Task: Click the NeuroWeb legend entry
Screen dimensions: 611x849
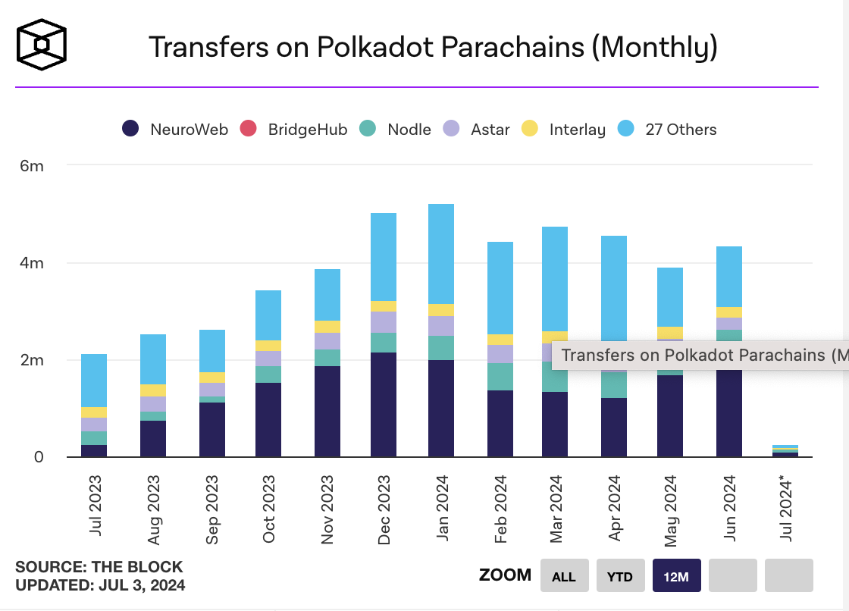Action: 175,129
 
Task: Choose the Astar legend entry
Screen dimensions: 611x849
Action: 477,129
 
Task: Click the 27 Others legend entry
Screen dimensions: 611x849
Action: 667,129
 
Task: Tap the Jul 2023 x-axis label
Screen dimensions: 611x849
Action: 95,504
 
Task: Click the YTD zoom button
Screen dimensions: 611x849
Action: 620,576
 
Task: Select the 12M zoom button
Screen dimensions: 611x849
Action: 676,576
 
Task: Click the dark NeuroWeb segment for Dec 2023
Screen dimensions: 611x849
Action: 384,405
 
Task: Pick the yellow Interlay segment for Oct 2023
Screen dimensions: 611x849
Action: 268,346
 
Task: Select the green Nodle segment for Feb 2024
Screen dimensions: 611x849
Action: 500,377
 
